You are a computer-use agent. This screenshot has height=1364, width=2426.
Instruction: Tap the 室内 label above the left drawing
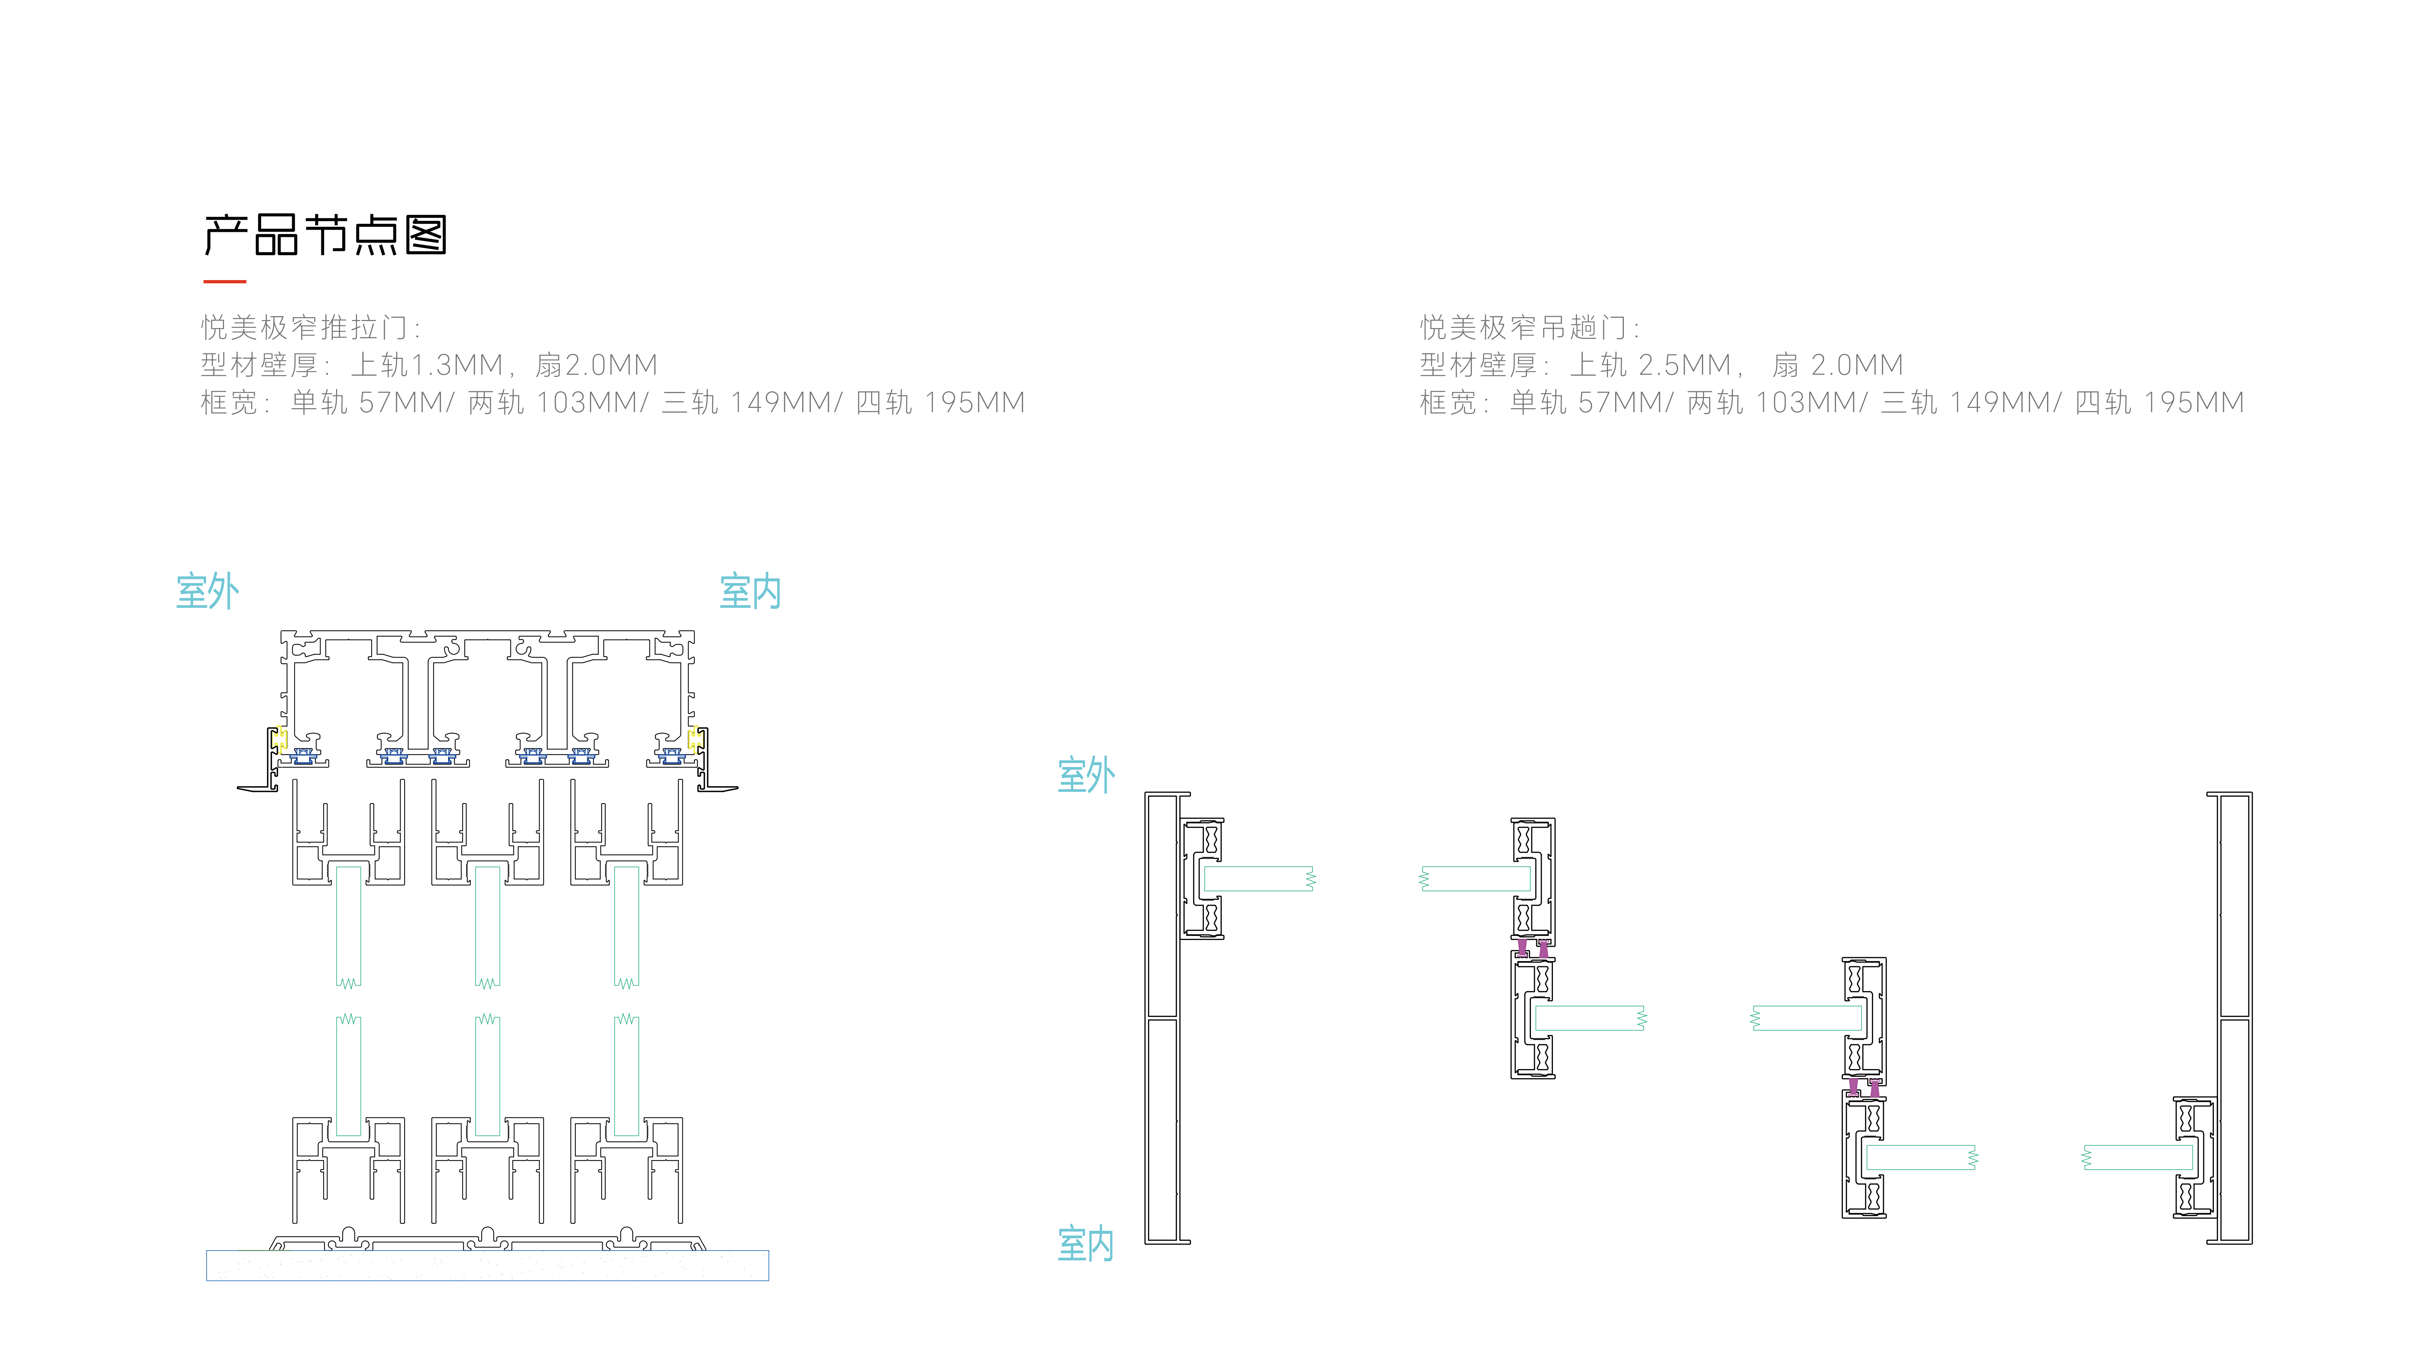click(751, 591)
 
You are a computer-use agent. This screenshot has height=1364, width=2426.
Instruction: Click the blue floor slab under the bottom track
click(488, 1265)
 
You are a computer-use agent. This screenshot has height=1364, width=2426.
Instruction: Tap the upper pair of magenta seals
click(1532, 947)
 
